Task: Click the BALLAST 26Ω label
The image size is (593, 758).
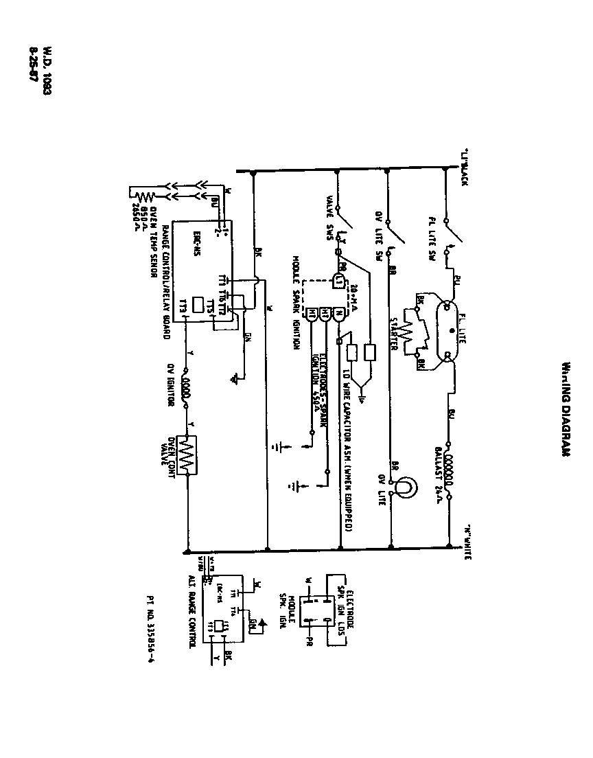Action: coord(437,474)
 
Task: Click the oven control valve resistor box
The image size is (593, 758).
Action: coord(185,454)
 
